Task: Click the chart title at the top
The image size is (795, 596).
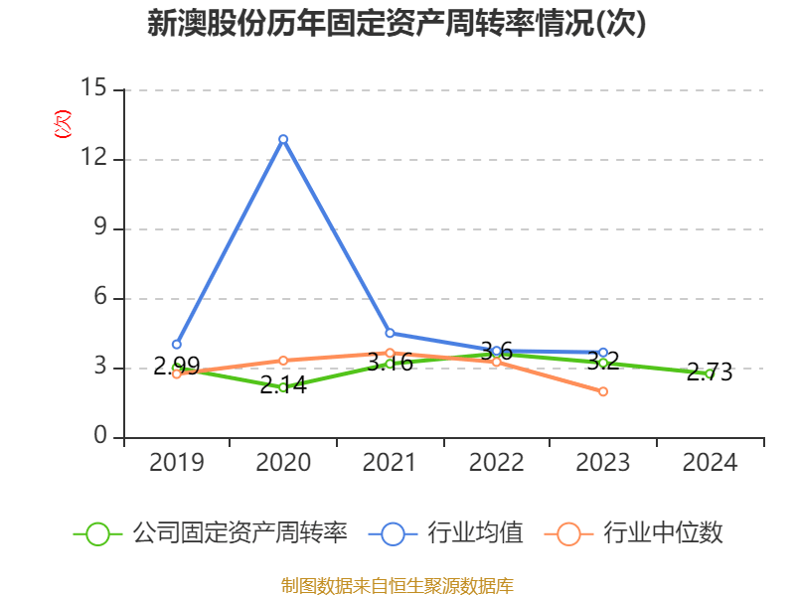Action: tap(397, 24)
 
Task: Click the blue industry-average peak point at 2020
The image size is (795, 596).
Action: tap(283, 139)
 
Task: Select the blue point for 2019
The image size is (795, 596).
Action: tap(177, 345)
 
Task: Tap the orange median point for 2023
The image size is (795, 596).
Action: tap(603, 391)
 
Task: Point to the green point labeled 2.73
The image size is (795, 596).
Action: tap(710, 374)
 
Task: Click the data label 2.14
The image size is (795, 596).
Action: tap(283, 384)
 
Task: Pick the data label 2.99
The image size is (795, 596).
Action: tap(177, 366)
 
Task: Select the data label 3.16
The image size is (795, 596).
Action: tap(390, 362)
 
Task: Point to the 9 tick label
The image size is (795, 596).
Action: tap(100, 228)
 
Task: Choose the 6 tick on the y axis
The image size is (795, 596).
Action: tap(100, 298)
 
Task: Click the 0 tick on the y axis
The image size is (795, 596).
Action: tap(100, 437)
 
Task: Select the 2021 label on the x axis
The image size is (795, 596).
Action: tap(390, 463)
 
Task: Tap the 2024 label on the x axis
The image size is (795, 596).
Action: tap(710, 463)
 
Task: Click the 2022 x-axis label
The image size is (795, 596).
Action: tap(496, 463)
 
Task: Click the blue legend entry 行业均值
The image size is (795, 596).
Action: tap(446, 533)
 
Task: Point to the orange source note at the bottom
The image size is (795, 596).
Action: tap(397, 585)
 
